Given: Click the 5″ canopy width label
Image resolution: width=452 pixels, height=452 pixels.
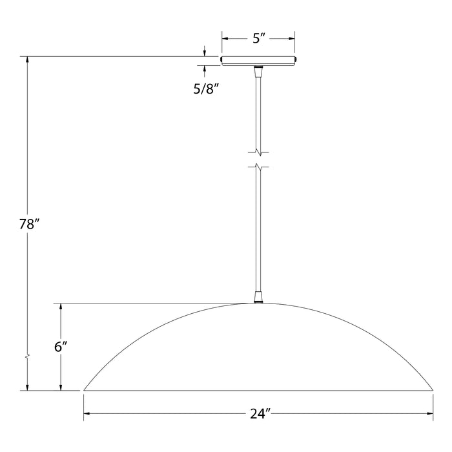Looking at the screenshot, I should coord(259,39).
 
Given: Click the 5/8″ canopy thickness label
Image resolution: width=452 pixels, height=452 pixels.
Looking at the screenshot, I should coord(207,90).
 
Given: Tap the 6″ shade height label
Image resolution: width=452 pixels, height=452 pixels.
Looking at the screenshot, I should coord(61,347).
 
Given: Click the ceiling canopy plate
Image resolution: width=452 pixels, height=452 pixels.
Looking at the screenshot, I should coord(259,61).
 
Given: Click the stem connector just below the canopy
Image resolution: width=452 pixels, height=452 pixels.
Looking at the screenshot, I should coord(259,71).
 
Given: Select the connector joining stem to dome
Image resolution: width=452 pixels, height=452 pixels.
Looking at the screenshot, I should coord(259,297).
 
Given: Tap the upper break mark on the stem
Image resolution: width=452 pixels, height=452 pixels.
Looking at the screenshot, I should coord(259,153).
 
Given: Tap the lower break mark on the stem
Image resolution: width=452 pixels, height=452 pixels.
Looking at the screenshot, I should coord(259,167).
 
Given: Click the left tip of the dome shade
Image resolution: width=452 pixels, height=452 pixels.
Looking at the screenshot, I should coord(84,389).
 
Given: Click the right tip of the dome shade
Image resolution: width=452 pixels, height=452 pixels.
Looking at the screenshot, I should coord(433,389).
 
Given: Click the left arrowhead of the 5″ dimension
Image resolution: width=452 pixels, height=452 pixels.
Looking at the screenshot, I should coord(225,39).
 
